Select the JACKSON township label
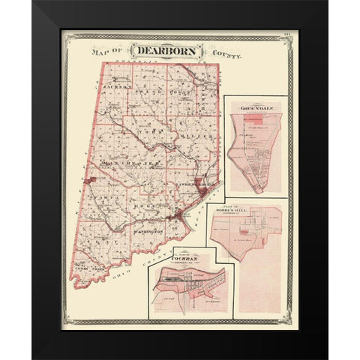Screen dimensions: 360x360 pos(115,88)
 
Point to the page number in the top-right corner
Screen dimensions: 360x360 pos(292,33)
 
